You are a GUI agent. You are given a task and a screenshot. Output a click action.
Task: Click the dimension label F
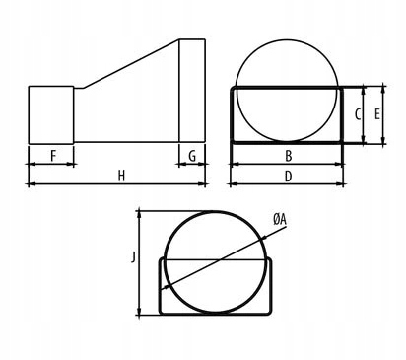point(53,156)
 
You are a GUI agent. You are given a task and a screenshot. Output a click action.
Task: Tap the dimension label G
point(192,156)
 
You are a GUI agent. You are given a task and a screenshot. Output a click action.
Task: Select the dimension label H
point(121,176)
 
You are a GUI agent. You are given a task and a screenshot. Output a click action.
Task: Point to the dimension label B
point(289,156)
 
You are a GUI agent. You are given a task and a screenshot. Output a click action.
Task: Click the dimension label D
point(288,177)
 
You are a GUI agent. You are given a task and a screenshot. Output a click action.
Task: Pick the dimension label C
point(358,114)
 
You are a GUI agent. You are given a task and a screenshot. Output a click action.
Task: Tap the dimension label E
point(377,114)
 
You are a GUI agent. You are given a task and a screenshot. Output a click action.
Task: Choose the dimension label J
point(133,257)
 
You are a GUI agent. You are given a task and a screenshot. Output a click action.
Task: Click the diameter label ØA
point(280,219)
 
